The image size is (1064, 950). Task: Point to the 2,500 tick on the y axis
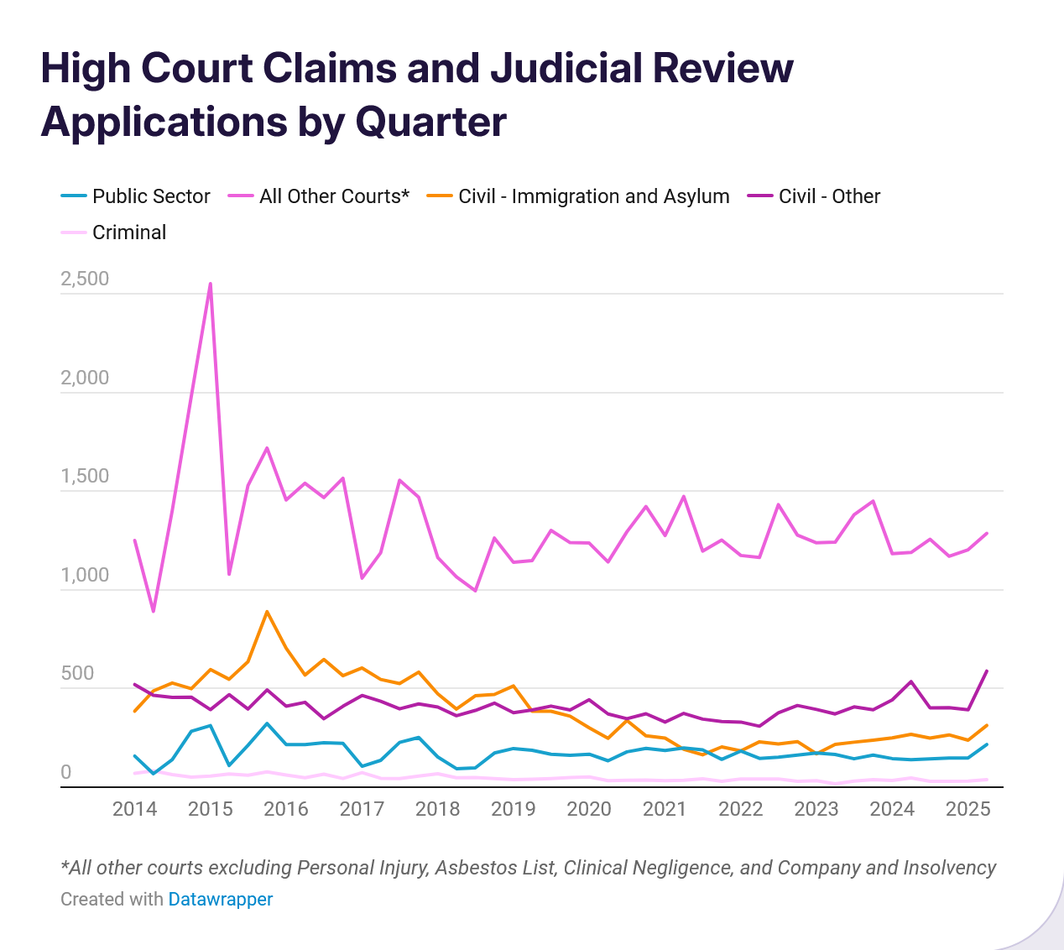(85, 279)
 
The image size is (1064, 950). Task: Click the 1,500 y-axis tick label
(85, 476)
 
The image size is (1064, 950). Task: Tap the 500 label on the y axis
(77, 674)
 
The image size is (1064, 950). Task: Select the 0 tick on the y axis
(66, 772)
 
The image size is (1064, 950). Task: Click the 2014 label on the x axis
(134, 809)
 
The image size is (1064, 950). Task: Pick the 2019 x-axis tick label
(513, 809)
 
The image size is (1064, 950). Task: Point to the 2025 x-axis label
(968, 809)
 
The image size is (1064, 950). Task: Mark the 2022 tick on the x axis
(740, 809)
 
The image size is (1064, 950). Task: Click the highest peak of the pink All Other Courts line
(210, 284)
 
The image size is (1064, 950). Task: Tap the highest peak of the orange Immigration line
(267, 612)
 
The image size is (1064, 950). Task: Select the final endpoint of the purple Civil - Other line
(987, 671)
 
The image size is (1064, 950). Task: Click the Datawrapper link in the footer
(220, 900)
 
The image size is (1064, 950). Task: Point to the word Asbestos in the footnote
(467, 868)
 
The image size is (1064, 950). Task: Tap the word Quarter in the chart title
(430, 122)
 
